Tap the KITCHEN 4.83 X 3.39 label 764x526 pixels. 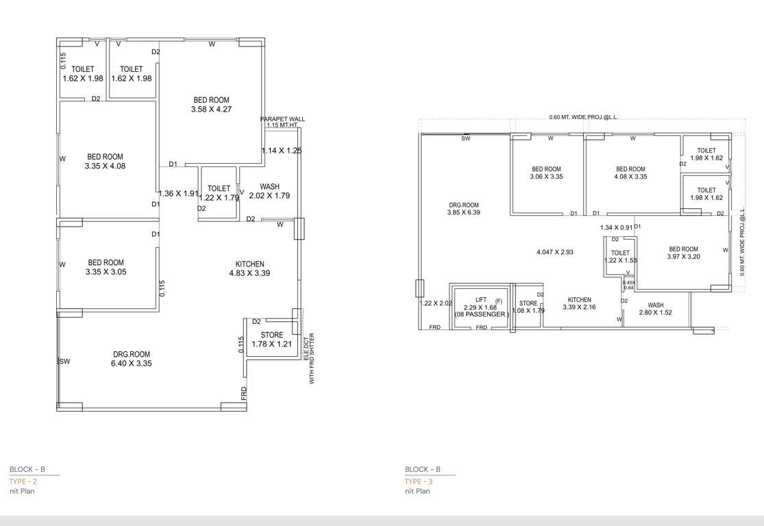click(x=249, y=269)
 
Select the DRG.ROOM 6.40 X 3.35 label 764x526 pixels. click(x=132, y=359)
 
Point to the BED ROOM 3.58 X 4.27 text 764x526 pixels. click(x=211, y=105)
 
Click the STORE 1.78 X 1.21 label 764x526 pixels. click(x=271, y=340)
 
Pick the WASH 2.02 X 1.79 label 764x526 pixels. click(x=269, y=191)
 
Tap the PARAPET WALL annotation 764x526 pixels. click(x=282, y=122)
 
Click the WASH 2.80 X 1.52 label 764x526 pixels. click(x=655, y=309)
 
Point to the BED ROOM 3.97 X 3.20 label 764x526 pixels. click(x=683, y=253)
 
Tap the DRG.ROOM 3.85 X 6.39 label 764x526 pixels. click(x=464, y=209)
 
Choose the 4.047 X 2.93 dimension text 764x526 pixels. click(x=554, y=252)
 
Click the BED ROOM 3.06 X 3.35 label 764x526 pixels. click(x=546, y=173)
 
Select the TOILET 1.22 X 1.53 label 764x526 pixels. click(x=620, y=257)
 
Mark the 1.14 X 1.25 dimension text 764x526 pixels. click(x=281, y=150)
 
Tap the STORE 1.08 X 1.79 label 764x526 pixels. click(x=528, y=307)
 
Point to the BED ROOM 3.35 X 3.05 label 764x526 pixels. click(x=106, y=267)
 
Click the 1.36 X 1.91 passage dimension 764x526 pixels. click(x=178, y=193)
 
